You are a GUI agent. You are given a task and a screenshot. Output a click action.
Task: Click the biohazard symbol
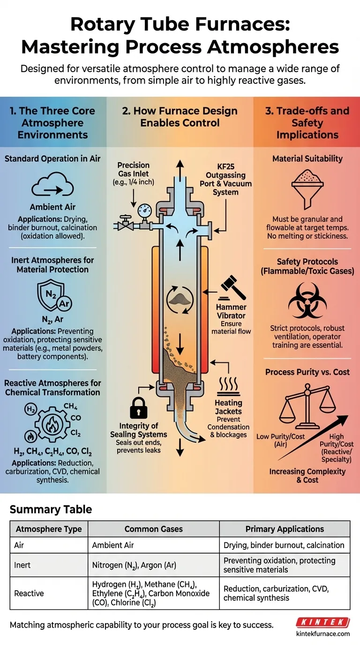click(307, 302)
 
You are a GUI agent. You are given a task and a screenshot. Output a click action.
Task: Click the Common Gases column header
click(153, 529)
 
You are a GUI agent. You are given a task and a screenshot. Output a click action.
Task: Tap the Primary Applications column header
click(285, 529)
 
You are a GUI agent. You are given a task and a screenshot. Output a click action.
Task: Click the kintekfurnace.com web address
click(323, 634)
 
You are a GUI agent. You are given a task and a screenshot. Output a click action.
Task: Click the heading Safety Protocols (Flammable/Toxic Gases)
click(307, 266)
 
